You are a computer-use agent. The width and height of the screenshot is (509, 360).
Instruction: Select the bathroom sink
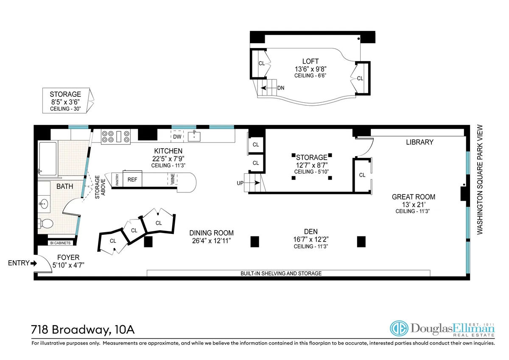tap(44, 204)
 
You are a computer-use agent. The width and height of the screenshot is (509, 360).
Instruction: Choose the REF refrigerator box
tap(132, 180)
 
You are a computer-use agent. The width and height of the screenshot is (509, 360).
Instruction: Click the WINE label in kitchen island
tap(173, 180)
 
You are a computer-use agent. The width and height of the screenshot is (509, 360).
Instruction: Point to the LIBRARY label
tap(420, 142)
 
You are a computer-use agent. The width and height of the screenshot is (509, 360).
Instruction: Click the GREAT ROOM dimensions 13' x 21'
tap(413, 204)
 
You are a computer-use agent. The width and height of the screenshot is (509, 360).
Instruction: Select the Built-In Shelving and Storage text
tap(281, 273)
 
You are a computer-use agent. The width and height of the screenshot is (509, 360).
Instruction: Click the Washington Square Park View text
tap(480, 179)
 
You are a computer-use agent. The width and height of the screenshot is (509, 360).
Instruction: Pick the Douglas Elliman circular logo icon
tap(398, 330)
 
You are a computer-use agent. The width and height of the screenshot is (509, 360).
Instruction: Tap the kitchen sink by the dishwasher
tap(195, 136)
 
